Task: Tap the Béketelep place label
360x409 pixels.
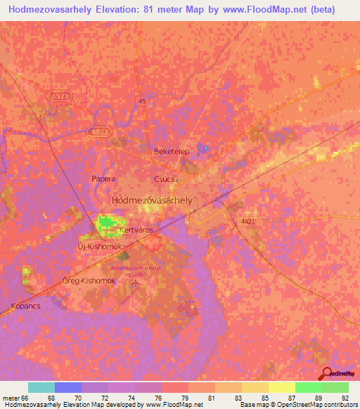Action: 168,152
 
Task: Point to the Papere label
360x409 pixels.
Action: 103,178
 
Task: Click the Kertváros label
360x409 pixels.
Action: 136,230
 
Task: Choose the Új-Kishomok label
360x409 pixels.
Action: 100,248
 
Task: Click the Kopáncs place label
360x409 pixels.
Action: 26,306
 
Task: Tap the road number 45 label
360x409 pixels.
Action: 143,102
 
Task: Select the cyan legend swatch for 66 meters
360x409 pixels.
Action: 41,387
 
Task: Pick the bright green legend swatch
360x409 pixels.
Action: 307,387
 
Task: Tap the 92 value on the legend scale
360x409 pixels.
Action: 344,397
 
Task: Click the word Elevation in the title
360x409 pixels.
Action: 130,10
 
